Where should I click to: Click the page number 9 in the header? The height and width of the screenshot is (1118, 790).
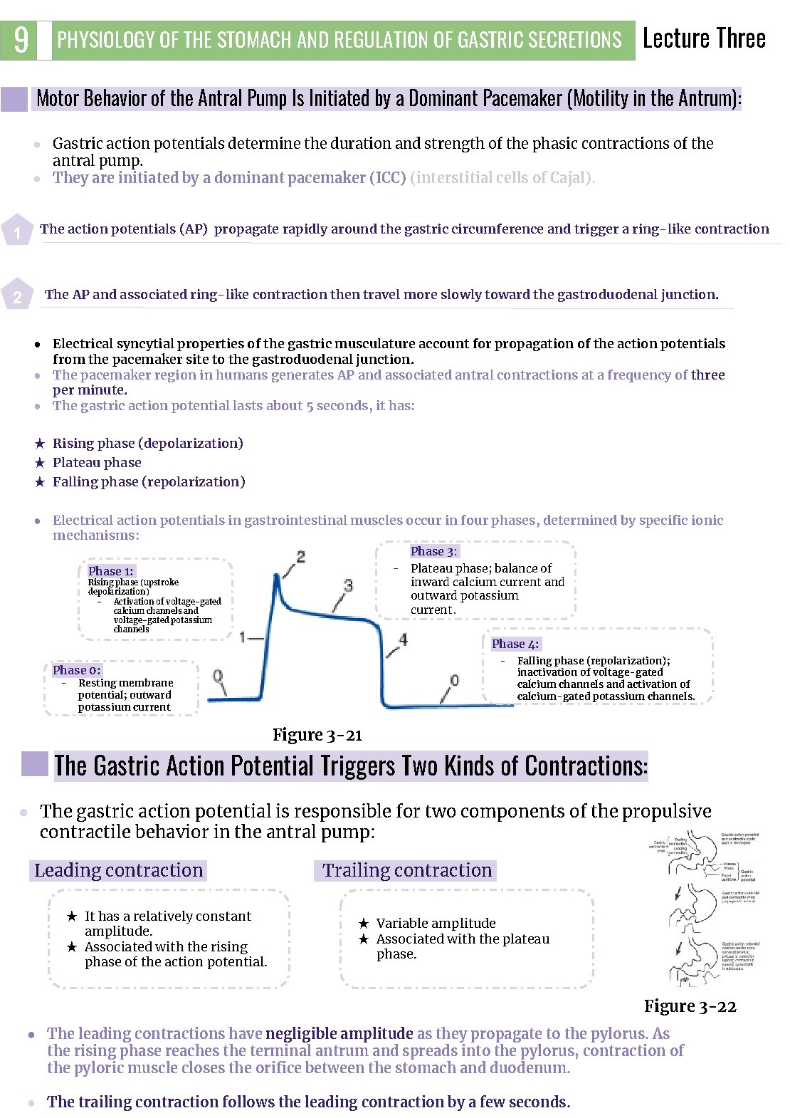click(21, 40)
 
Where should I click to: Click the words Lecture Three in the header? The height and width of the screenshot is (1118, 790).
click(703, 38)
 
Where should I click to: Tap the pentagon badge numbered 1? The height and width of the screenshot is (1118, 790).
click(17, 231)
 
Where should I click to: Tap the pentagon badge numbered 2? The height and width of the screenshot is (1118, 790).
click(17, 296)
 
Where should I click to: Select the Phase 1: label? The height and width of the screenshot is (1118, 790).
click(110, 571)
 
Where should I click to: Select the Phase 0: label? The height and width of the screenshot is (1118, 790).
click(76, 670)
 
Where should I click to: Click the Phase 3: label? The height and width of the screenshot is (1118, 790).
click(433, 551)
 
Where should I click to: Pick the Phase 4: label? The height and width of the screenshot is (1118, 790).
click(515, 644)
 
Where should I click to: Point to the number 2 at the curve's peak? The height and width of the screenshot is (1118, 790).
click(300, 557)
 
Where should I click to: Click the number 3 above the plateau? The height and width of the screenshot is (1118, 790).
click(348, 585)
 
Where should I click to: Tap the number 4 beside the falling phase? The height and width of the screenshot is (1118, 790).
click(403, 639)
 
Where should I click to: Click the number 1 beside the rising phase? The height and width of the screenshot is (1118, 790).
click(243, 637)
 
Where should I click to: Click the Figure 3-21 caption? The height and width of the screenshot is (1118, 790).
click(317, 735)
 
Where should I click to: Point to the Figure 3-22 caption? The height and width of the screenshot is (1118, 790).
click(690, 1006)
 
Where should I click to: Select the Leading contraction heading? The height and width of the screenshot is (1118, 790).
click(119, 870)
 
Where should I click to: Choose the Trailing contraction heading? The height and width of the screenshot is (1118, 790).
click(406, 870)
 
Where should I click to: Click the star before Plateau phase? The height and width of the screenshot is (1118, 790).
click(40, 463)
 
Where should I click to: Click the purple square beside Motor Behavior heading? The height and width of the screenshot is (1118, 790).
click(14, 99)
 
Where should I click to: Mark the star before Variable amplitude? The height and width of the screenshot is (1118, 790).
click(363, 924)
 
